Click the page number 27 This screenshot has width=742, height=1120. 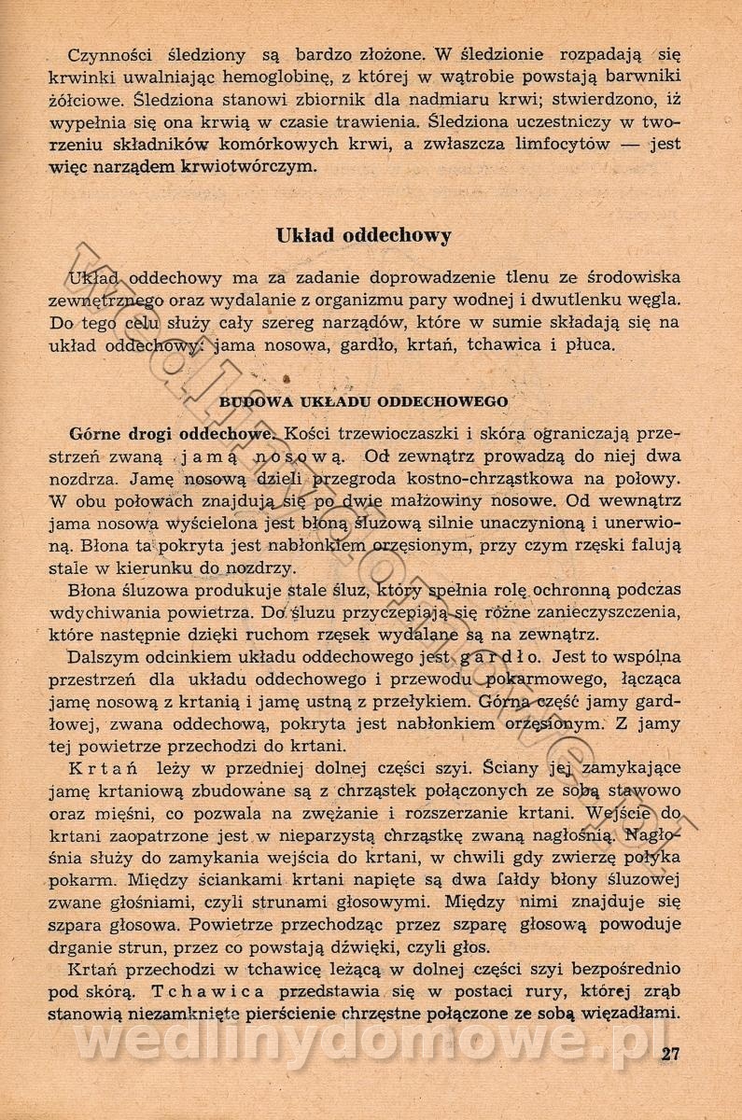point(669,1056)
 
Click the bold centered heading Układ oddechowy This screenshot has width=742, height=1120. point(364,235)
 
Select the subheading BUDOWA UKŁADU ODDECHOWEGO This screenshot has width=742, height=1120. point(363,401)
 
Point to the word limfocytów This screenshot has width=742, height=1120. point(560,144)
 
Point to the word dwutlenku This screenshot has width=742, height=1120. point(582,301)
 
